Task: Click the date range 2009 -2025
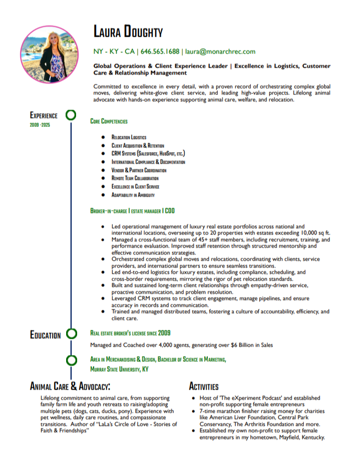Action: (x=40, y=125)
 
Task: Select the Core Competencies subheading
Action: (x=109, y=121)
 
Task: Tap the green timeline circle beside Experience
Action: (x=71, y=115)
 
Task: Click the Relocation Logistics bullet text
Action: (x=129, y=137)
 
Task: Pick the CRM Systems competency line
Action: (x=148, y=154)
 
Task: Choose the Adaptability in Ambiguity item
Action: (x=133, y=195)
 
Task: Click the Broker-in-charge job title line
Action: (x=133, y=211)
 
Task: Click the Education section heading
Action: (x=45, y=335)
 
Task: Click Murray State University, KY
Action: (x=119, y=369)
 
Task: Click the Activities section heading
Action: (x=203, y=387)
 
